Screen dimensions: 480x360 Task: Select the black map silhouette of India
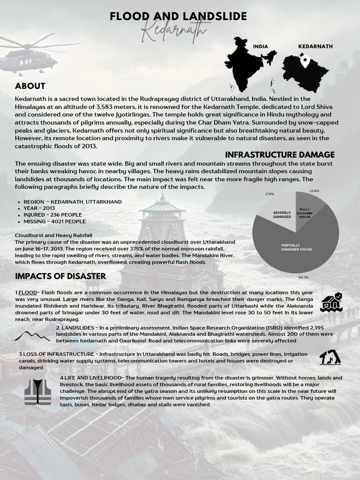coord(248,64)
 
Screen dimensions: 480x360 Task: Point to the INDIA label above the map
coord(260,46)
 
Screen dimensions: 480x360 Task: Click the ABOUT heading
coord(30,86)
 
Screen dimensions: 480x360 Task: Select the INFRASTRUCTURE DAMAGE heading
coord(280,155)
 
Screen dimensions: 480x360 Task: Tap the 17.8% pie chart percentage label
coord(270,194)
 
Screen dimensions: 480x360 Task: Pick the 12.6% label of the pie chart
coord(314,191)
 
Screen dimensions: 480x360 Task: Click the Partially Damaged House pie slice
coord(300,248)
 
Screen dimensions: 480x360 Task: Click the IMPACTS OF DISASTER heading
coord(60,276)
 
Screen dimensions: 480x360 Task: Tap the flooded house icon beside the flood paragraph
coord(331,302)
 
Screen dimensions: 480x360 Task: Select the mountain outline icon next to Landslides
coord(32,336)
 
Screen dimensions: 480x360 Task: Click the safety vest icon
coord(37,392)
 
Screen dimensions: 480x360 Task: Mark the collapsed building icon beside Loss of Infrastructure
coord(330,357)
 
